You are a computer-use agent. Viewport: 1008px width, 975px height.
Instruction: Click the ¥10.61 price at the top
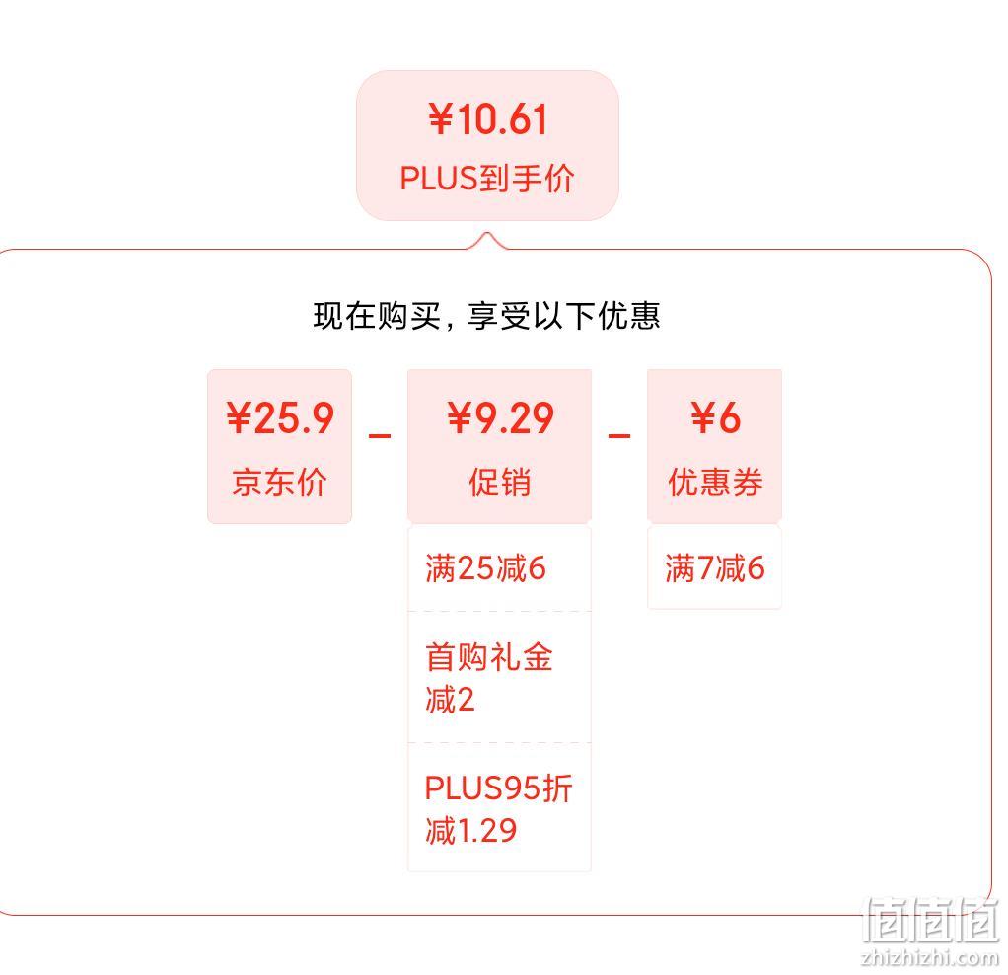[x=488, y=119]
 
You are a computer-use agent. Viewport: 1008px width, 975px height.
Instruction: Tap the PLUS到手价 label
[x=487, y=179]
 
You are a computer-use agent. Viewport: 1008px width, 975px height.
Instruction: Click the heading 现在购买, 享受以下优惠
[x=486, y=315]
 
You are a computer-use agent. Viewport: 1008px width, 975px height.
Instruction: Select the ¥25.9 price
[x=280, y=418]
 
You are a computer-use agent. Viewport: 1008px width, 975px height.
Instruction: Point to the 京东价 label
[x=280, y=482]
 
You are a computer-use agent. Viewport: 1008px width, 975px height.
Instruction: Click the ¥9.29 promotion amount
[x=500, y=418]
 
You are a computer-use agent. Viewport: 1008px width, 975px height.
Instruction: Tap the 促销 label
[x=499, y=482]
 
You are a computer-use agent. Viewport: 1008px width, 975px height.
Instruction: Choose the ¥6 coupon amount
[x=715, y=418]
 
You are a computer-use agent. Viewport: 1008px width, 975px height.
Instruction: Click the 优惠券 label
[x=715, y=482]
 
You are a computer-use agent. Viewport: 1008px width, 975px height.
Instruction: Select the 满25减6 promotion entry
[x=485, y=568]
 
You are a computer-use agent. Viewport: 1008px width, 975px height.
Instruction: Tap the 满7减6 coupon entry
[x=715, y=568]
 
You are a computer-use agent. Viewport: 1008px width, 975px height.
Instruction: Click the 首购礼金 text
[x=488, y=656]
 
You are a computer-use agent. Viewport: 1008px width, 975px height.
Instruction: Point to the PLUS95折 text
[x=498, y=787]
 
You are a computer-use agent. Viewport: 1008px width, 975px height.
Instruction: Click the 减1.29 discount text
[x=471, y=830]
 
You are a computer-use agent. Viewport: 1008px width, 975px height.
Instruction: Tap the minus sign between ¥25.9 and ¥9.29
[x=380, y=436]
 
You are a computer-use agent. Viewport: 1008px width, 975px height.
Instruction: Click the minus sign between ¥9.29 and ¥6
[x=619, y=436]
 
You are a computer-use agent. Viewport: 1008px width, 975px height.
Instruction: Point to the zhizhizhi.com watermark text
[x=929, y=957]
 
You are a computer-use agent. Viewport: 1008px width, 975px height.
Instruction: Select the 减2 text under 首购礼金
[x=450, y=699]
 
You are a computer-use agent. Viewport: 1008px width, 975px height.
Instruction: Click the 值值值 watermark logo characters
[x=931, y=920]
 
